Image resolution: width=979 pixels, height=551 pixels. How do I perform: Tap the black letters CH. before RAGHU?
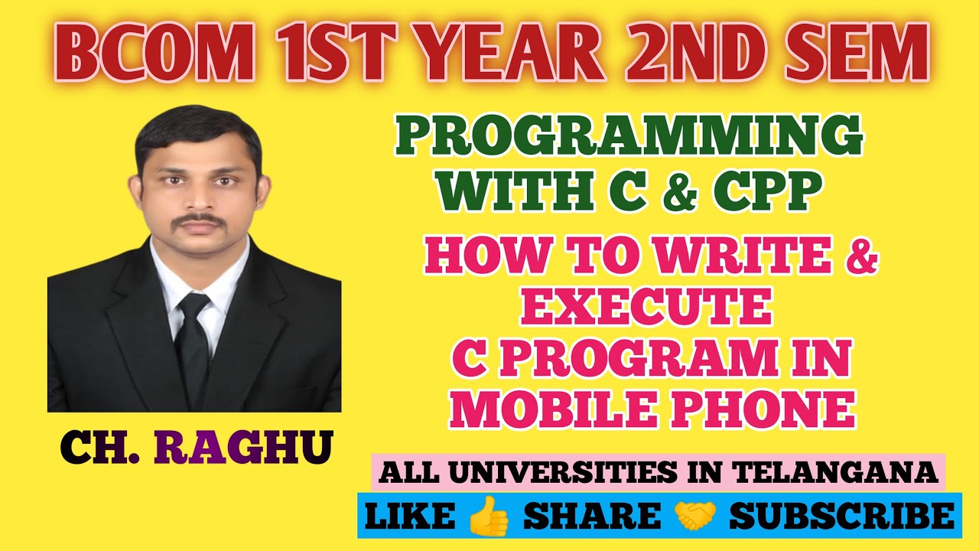(102, 447)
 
